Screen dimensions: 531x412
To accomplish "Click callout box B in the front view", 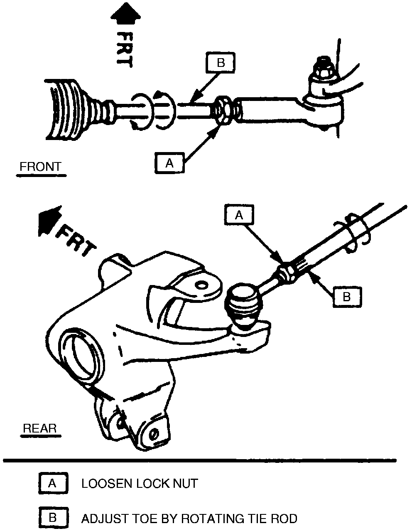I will point(221,63).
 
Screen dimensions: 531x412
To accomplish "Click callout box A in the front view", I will point(169,163).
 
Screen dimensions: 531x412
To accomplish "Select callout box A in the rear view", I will point(239,215).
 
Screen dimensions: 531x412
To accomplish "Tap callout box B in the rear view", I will point(347,296).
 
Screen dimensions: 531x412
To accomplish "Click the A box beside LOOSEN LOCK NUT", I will point(52,483).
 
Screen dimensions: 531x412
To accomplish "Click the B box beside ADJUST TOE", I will point(52,518).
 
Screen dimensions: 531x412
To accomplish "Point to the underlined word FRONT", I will point(40,167).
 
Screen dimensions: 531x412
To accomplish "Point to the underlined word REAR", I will point(39,428).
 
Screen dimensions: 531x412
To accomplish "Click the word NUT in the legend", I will point(185,483).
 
